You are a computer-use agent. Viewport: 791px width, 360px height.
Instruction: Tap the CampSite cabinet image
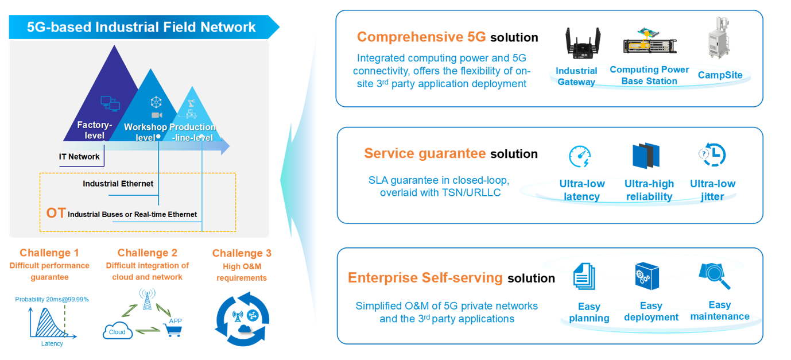pos(720,39)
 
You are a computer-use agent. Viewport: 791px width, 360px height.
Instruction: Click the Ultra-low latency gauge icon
pos(580,157)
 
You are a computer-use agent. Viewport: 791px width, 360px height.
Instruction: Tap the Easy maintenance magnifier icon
pos(715,276)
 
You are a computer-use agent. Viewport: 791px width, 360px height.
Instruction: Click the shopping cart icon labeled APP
pos(173,330)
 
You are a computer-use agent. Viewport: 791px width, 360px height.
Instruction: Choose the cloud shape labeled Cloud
pos(118,331)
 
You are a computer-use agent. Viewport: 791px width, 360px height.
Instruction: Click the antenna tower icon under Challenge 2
pos(148,299)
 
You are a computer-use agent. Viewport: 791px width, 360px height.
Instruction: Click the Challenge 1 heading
pos(49,253)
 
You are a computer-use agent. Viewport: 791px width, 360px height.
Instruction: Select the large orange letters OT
pos(56,213)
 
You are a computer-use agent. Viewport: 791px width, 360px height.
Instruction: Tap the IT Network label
pos(79,157)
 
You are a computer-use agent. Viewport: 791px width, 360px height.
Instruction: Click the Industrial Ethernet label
pos(118,184)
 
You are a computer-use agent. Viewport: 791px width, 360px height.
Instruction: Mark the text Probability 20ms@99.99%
pos(52,299)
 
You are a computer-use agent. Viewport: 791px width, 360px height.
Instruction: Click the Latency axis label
pos(52,343)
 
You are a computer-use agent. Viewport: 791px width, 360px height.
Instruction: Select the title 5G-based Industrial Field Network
pos(141,27)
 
